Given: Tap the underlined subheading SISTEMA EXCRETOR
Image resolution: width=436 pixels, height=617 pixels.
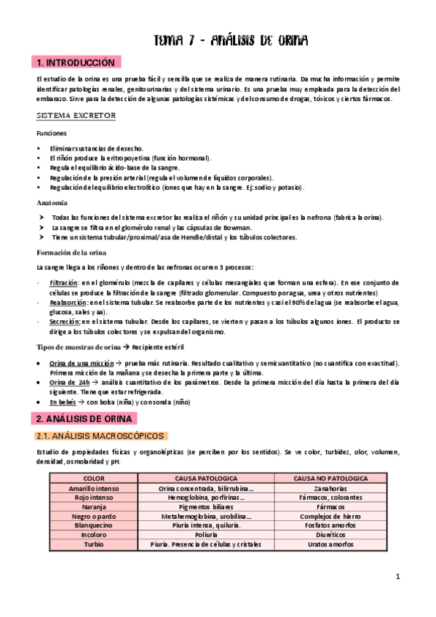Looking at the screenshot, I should [x=76, y=116].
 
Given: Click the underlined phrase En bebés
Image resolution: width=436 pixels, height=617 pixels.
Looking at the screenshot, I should [x=63, y=402].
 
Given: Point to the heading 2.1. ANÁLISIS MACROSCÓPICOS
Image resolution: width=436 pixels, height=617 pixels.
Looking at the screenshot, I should [x=102, y=436].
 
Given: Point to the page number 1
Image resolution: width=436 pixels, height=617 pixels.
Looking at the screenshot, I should [x=399, y=577].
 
